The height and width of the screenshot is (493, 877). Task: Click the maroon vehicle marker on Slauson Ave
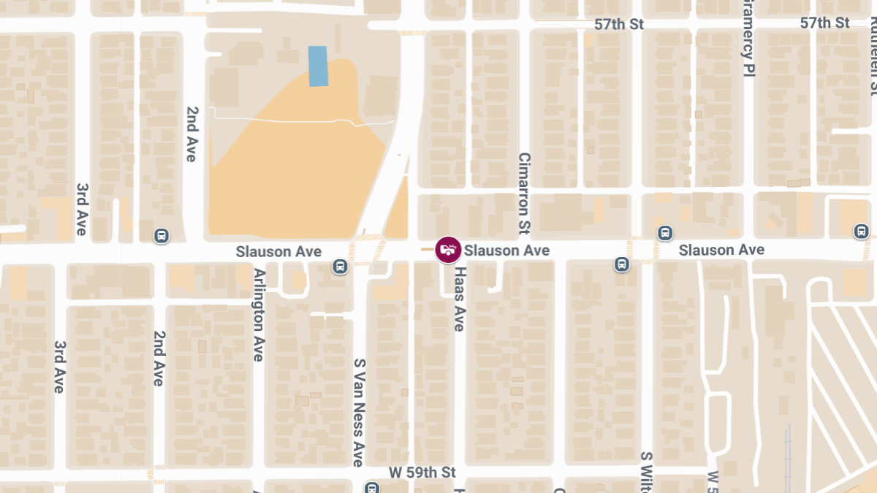[448, 250]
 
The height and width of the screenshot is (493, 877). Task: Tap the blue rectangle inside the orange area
[318, 66]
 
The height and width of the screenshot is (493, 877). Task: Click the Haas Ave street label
[459, 299]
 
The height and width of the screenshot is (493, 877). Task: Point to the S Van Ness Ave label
[359, 412]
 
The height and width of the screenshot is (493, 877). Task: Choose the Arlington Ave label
[258, 315]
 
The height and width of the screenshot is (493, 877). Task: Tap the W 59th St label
[422, 473]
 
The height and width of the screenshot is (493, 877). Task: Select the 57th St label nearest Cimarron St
[618, 24]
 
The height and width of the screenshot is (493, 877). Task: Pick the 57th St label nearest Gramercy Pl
[824, 23]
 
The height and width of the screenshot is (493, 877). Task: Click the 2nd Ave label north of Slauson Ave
[192, 134]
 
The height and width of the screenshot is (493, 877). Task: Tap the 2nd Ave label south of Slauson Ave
[159, 358]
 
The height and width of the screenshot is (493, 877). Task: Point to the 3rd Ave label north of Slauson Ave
[82, 209]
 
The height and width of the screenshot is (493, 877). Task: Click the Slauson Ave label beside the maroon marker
[506, 251]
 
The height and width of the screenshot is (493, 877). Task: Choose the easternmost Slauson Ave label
[721, 250]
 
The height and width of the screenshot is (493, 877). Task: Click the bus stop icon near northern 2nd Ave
[161, 236]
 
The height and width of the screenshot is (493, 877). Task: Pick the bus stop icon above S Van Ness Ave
[339, 267]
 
